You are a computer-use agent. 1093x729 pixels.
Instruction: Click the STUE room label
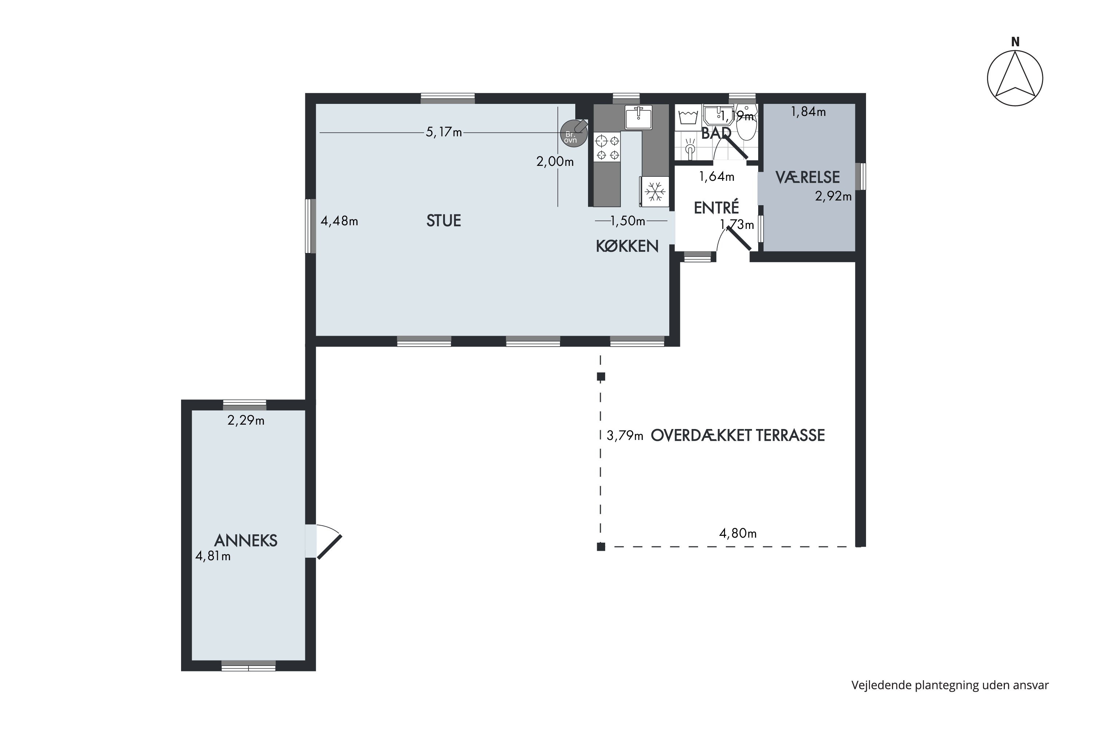[x=443, y=221]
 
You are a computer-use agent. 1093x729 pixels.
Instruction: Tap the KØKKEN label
[x=627, y=246]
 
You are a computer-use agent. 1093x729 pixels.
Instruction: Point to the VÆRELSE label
[x=807, y=177]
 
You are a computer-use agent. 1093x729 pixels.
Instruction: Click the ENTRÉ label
[x=716, y=207]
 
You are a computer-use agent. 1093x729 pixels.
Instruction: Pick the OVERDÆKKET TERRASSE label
[x=737, y=435]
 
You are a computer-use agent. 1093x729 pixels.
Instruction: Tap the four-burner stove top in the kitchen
[x=607, y=147]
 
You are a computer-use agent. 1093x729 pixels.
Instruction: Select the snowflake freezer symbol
[x=655, y=191]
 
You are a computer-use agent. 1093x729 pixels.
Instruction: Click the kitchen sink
[x=639, y=117]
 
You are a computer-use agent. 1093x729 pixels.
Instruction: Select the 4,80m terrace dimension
[x=737, y=533]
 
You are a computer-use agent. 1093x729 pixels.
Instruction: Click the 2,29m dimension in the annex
[x=246, y=420]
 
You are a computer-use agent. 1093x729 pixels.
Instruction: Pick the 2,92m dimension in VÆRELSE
[x=833, y=196]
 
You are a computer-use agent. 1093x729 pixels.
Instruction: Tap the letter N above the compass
[x=1015, y=42]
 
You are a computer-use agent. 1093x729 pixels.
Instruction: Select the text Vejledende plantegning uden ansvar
[x=950, y=685]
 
